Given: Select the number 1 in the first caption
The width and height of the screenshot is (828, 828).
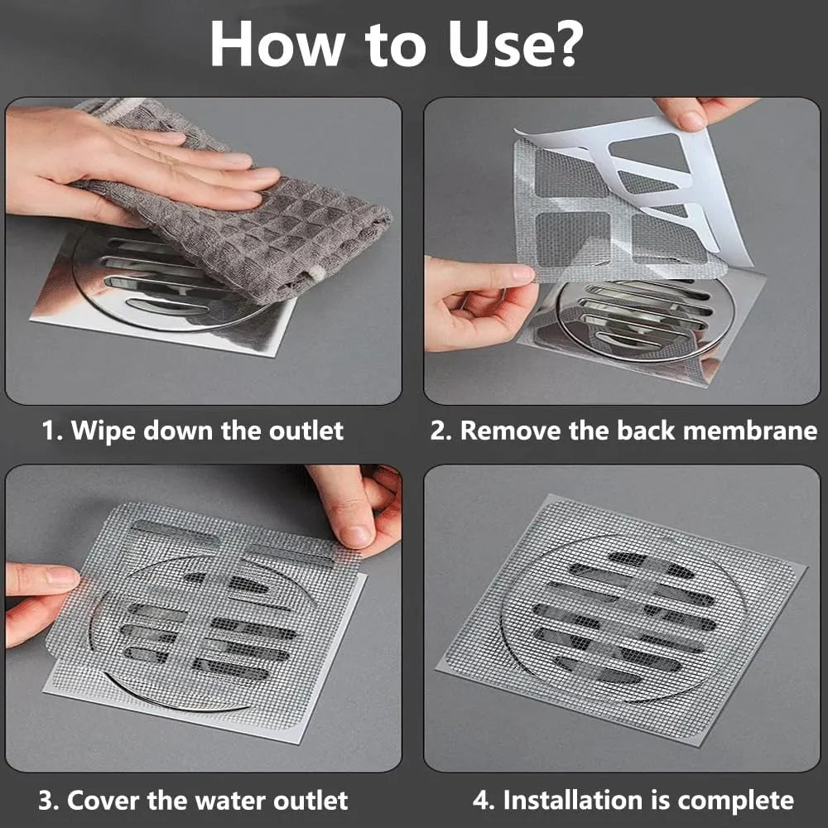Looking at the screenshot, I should tap(49, 431).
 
